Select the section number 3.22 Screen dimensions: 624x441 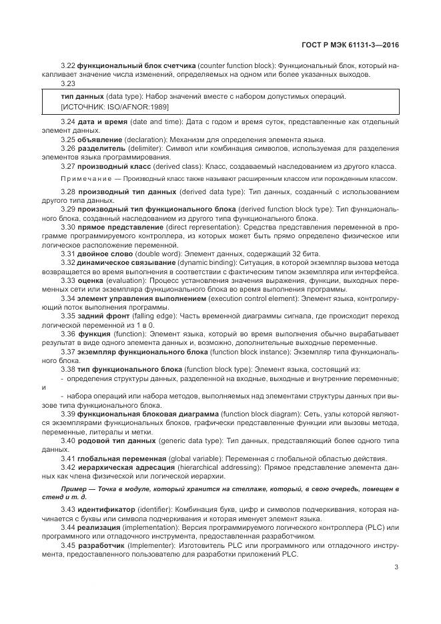pyautogui.click(x=68, y=66)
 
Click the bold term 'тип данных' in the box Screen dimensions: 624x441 pyautogui.click(x=81, y=96)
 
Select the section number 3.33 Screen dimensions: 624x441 pyautogui.click(x=68, y=280)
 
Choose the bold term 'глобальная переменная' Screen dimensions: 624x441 pyautogui.click(x=121, y=458)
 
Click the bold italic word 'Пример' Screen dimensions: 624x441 pyautogui.click(x=74, y=489)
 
